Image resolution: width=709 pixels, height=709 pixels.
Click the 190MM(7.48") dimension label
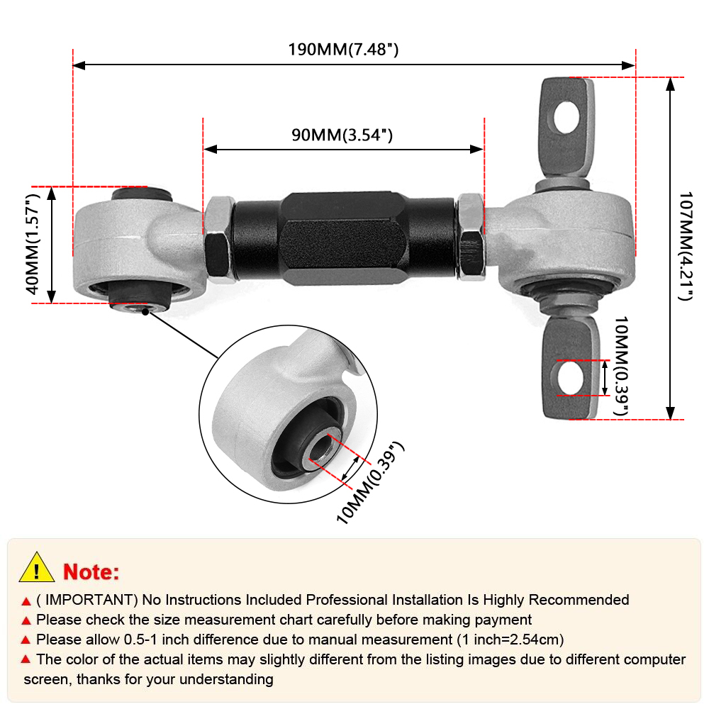pyautogui.click(x=342, y=50)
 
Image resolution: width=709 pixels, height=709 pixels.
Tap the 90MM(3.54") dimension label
pyautogui.click(x=342, y=135)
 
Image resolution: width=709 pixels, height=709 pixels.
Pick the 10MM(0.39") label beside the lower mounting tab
pyautogui.click(x=620, y=367)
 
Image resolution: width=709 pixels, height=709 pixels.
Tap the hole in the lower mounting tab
pyautogui.click(x=569, y=377)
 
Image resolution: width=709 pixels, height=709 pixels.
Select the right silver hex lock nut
pyautogui.click(x=471, y=235)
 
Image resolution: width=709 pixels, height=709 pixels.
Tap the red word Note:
pyautogui.click(x=91, y=571)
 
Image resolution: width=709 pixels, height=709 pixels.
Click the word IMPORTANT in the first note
pyautogui.click(x=89, y=600)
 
